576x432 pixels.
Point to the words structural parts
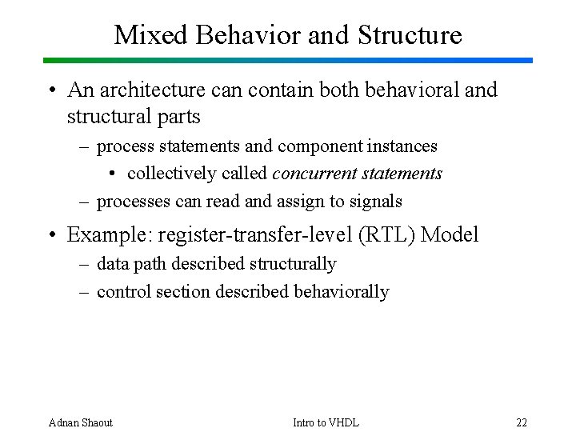[x=134, y=116]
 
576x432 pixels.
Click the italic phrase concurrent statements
[x=357, y=174]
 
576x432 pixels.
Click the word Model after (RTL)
[x=450, y=234]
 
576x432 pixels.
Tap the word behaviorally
[x=342, y=292]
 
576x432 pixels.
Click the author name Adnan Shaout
[x=81, y=422]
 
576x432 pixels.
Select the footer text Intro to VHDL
[x=326, y=422]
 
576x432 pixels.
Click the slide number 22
[x=522, y=422]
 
